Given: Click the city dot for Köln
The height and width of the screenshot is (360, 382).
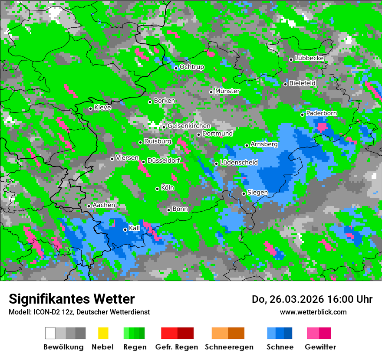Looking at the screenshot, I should coord(157,189).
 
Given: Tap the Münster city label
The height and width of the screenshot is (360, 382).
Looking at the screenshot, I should coord(227,91).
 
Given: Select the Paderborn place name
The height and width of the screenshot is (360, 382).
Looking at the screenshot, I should coord(322,114).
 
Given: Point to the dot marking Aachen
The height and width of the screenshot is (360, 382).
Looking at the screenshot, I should coord(89,206).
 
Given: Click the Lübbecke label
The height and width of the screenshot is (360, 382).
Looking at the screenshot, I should coord(310,58).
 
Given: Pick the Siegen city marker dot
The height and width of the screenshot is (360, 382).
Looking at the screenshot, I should coord(244,193).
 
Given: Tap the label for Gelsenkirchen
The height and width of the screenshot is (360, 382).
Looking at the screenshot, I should coord(189,126).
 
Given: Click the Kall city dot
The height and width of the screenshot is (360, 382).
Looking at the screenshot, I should coord(125,229).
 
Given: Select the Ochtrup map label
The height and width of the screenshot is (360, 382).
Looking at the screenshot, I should coord(192,67).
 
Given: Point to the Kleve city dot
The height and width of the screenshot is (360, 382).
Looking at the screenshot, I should coord(90,108).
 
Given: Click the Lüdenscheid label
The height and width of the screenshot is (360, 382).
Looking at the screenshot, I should coord(239,163).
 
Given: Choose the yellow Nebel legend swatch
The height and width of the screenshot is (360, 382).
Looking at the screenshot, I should coord(103,333).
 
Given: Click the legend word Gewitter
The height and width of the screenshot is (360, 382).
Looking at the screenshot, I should coord(320,347).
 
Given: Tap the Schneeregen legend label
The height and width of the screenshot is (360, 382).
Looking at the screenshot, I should coord(228,347).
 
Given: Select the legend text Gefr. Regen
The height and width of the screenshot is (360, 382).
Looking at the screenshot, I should coord(177,347).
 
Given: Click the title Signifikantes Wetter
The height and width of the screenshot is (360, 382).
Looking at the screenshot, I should coord(72,299).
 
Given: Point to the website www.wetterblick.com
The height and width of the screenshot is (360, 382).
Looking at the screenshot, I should coord(313,312).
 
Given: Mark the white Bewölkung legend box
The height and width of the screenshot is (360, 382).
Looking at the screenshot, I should coord(50,333).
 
